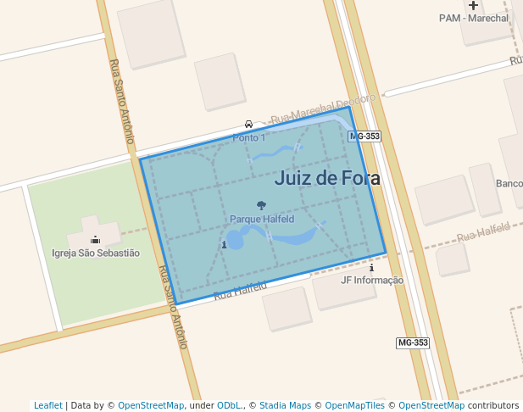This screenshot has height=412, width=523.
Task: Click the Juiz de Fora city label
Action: click(x=327, y=178)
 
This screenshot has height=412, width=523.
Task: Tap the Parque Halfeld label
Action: click(x=262, y=219)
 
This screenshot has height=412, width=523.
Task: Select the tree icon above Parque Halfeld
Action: click(x=261, y=205)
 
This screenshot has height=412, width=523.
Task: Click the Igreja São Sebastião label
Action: click(x=96, y=253)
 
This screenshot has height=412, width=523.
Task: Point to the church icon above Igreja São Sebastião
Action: click(x=95, y=239)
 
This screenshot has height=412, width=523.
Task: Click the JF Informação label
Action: click(x=371, y=280)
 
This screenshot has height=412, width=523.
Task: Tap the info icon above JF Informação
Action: click(x=371, y=268)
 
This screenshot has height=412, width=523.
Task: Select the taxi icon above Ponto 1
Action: click(x=248, y=125)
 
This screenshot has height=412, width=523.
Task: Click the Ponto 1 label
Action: click(x=249, y=137)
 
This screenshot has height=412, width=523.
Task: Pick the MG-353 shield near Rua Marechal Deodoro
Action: click(x=364, y=136)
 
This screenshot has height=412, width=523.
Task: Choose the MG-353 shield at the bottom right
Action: click(x=413, y=342)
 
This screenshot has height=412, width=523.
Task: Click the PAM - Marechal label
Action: click(x=474, y=18)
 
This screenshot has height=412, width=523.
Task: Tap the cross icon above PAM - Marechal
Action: click(x=473, y=5)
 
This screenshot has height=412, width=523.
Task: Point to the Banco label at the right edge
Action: click(x=509, y=184)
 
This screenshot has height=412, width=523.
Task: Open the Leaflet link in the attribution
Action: click(x=48, y=405)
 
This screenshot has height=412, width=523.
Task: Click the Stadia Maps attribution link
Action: click(x=285, y=405)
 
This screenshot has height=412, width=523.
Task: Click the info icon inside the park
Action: click(x=224, y=245)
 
